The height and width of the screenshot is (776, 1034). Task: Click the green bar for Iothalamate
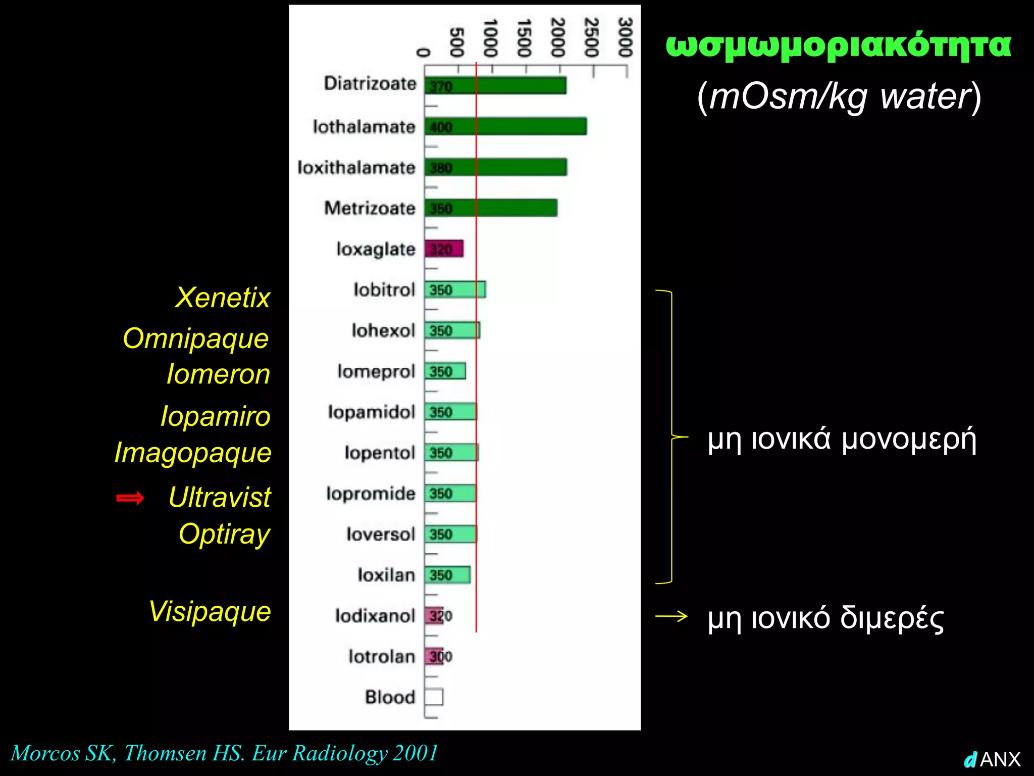(505, 126)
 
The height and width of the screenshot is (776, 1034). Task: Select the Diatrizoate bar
(495, 85)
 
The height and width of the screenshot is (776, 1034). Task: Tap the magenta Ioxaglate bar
(444, 249)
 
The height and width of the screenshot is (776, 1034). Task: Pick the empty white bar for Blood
(434, 697)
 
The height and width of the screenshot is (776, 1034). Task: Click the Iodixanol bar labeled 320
(434, 615)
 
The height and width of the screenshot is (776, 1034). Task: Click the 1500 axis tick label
(524, 38)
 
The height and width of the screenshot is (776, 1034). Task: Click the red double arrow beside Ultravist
(130, 498)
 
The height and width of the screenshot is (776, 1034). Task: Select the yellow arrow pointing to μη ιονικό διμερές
(671, 616)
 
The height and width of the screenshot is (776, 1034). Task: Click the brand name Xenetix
(222, 298)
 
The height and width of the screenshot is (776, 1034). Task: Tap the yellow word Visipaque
(210, 611)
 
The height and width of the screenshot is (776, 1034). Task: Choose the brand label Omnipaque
(195, 338)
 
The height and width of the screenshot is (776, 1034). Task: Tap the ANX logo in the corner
(993, 759)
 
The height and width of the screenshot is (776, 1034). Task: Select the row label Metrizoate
(370, 208)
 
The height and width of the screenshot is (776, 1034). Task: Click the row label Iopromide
(371, 493)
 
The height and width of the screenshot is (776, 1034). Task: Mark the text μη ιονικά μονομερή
(842, 439)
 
